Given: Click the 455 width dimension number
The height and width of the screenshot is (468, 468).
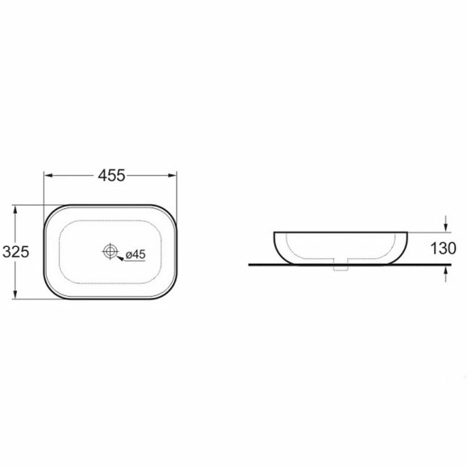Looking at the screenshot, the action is [x=111, y=176].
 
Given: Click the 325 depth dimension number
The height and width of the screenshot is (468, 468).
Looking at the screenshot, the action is [x=16, y=252].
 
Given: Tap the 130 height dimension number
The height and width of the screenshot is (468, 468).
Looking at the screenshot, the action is [x=443, y=249].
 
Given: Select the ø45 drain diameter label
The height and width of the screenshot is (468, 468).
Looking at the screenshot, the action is [x=136, y=254].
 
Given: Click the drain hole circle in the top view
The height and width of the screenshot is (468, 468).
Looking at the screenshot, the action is [x=110, y=251].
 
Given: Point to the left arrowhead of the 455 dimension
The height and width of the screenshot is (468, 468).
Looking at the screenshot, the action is [x=48, y=176].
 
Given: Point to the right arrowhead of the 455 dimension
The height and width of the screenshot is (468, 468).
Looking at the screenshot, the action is [x=173, y=176].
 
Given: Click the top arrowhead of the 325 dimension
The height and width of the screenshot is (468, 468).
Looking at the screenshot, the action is [x=15, y=209].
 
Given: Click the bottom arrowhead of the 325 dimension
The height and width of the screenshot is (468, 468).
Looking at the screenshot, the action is [x=15, y=295].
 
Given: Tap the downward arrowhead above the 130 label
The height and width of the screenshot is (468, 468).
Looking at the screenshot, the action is [x=445, y=228].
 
